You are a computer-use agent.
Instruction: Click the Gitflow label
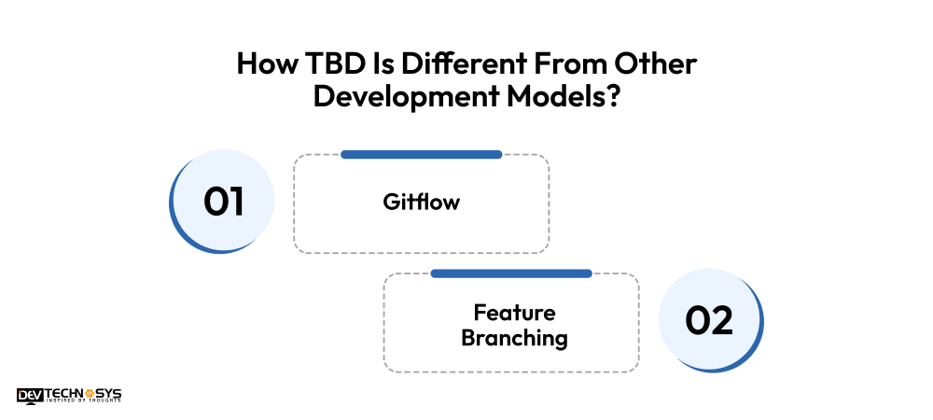pyautogui.click(x=421, y=201)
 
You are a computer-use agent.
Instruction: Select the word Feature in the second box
pyautogui.click(x=513, y=312)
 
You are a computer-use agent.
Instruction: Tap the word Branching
pyautogui.click(x=513, y=337)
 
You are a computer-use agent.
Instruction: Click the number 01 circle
pyautogui.click(x=223, y=201)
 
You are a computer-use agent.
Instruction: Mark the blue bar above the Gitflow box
pyautogui.click(x=421, y=154)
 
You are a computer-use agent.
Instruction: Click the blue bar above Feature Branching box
pyautogui.click(x=511, y=273)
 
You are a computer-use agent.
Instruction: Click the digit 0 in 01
pyautogui.click(x=215, y=202)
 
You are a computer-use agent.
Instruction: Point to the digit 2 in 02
pyautogui.click(x=721, y=320)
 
